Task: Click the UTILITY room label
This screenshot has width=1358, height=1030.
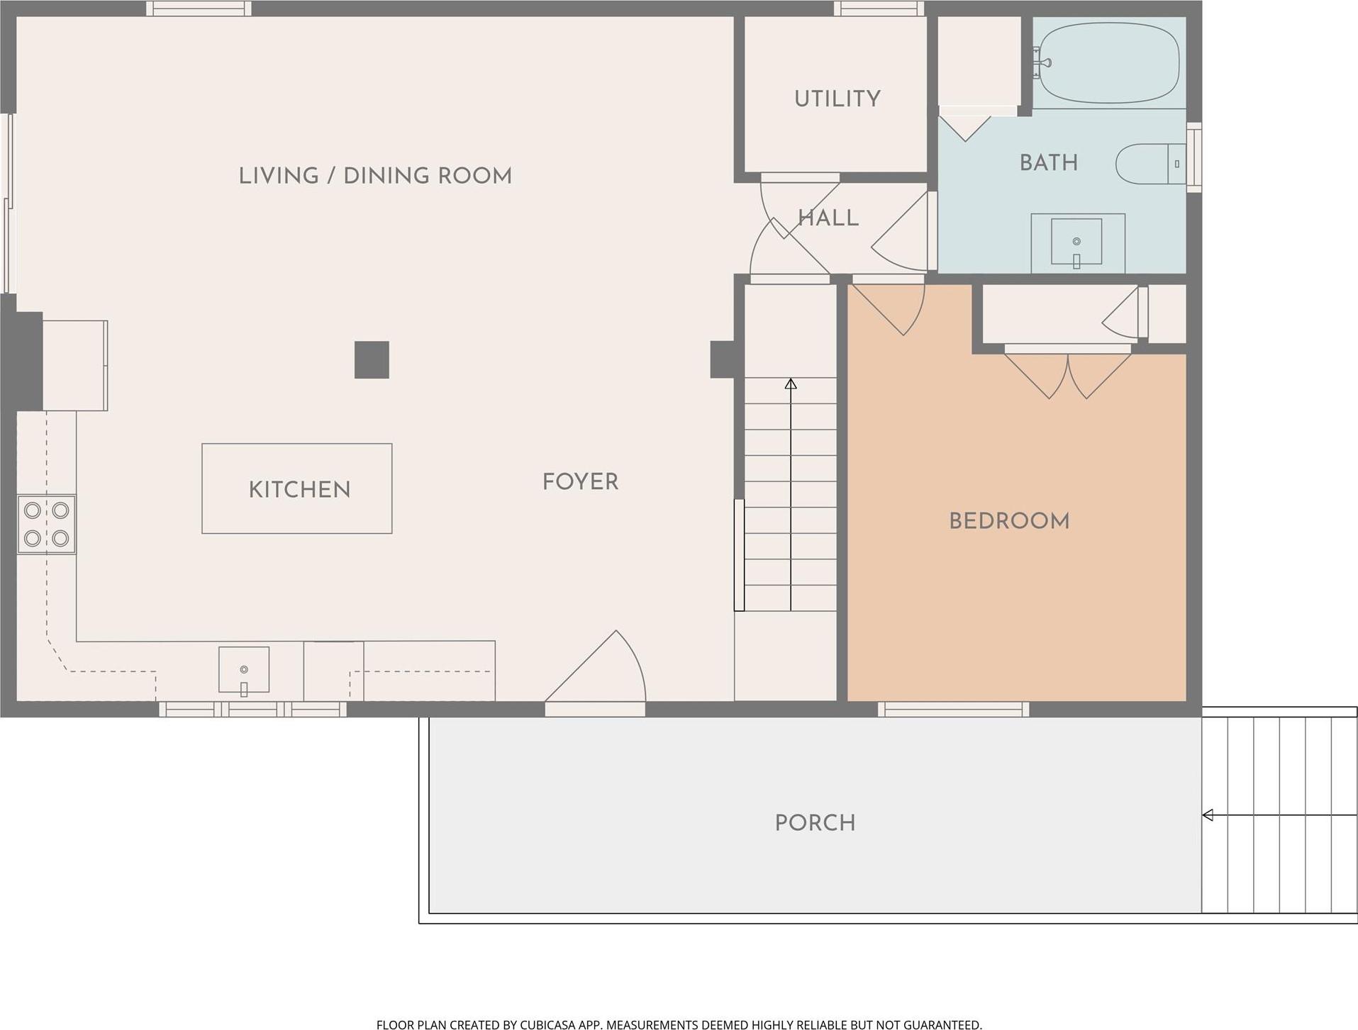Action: click(837, 99)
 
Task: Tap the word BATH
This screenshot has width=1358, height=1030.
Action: click(1048, 163)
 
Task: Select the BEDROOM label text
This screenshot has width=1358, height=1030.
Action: click(1008, 521)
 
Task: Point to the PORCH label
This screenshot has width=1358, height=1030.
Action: click(815, 822)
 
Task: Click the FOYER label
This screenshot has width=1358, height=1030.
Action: click(580, 482)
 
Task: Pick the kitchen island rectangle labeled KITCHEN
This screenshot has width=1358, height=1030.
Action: click(296, 488)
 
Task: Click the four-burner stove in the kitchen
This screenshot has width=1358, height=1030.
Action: click(47, 525)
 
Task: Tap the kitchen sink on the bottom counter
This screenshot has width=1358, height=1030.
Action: click(243, 669)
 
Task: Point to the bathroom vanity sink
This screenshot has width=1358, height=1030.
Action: click(1076, 242)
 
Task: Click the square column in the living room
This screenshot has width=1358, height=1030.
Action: click(372, 359)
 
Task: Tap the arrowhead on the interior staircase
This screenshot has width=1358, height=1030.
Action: click(791, 384)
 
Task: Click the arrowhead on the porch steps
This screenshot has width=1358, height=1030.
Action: click(1208, 815)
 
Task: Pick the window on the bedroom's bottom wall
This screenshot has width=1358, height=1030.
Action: click(953, 709)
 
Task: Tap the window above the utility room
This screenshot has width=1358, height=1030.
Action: click(879, 9)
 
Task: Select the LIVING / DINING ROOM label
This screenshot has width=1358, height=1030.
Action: click(374, 176)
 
